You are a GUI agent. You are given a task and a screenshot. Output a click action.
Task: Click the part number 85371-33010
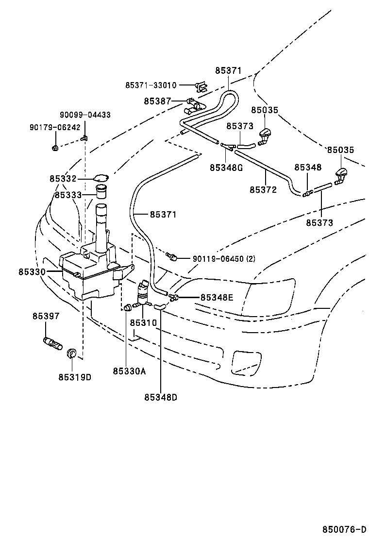point(151,85)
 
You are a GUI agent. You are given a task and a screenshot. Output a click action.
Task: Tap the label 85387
point(157,101)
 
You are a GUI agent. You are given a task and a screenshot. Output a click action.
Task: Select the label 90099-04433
point(85,115)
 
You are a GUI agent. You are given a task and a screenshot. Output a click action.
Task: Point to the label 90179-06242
point(55,127)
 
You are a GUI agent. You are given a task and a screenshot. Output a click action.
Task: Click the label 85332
point(63,179)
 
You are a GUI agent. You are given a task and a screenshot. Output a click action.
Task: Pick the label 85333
point(68,195)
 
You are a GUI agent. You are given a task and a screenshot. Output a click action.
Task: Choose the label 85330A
point(129,371)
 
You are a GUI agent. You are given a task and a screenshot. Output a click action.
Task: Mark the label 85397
point(46,316)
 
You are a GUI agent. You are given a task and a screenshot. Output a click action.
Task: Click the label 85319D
point(75,377)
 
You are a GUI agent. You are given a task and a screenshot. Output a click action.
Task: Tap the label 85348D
point(160,397)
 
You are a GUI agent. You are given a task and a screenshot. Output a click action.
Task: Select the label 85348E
point(217,297)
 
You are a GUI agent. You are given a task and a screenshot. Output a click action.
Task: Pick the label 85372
point(263,190)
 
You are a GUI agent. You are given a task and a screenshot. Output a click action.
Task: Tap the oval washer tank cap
point(101,178)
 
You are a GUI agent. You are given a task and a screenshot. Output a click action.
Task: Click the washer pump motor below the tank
point(144,289)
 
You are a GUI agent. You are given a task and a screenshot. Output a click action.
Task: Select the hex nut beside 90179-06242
point(55,147)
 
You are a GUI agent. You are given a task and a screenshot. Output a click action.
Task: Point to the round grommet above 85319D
point(72,353)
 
